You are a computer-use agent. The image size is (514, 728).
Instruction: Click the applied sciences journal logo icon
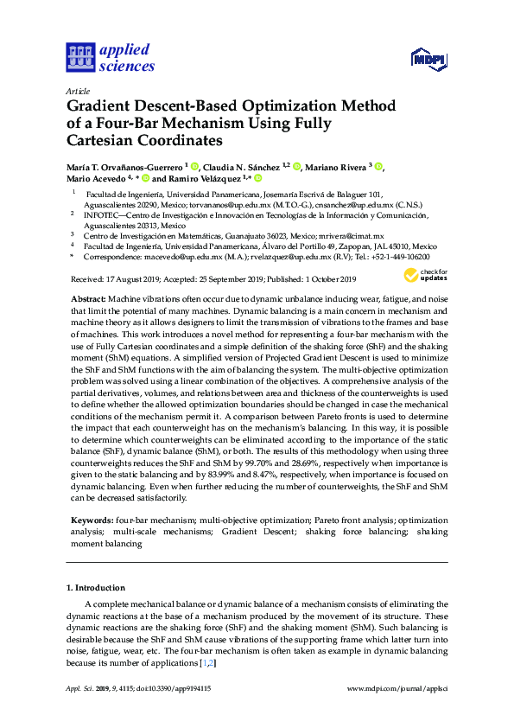click(x=79, y=57)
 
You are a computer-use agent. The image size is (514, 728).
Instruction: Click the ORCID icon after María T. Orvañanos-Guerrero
click(x=195, y=167)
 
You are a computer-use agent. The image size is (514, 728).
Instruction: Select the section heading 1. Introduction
click(x=96, y=587)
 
